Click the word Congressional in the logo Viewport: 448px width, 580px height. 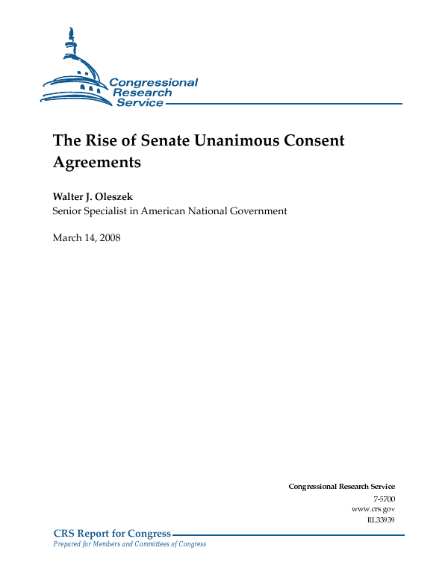(x=154, y=83)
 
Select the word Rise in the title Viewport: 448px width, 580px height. (x=95, y=140)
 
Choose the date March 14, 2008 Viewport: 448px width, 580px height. (x=86, y=237)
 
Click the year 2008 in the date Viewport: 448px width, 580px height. (x=108, y=237)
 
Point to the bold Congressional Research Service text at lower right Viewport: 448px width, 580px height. (x=341, y=487)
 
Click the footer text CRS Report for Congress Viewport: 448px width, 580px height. (x=112, y=533)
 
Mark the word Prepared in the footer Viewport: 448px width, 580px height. (x=66, y=544)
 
